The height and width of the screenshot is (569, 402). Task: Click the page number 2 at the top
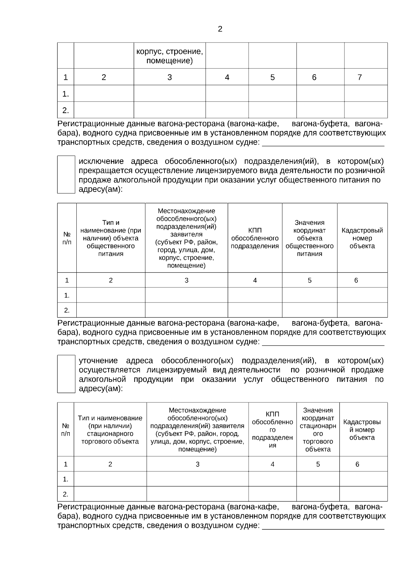click(x=220, y=29)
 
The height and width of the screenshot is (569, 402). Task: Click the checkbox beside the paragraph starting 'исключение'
click(x=66, y=174)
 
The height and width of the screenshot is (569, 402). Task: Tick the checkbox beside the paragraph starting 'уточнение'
click(x=66, y=374)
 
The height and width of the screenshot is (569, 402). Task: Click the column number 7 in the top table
click(x=359, y=77)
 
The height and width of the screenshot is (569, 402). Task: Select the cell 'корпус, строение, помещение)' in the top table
click(x=170, y=56)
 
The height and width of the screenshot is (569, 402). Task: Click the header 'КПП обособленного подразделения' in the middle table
click(x=255, y=238)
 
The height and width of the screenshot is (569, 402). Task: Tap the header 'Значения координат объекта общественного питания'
click(x=310, y=238)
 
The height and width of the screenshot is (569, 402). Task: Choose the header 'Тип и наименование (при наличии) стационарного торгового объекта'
click(x=110, y=430)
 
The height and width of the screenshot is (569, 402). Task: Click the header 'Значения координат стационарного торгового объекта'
click(x=318, y=430)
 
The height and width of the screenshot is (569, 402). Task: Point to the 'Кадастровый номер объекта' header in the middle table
click(x=362, y=238)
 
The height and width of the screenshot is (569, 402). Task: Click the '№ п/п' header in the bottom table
click(x=66, y=430)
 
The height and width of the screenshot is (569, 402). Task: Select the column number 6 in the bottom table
click(x=357, y=464)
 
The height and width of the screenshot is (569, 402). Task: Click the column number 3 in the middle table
click(x=186, y=280)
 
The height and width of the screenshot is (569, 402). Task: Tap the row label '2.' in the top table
click(x=66, y=110)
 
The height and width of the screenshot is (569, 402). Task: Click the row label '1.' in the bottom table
click(x=66, y=479)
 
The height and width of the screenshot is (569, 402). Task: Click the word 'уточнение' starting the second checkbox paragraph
click(x=98, y=361)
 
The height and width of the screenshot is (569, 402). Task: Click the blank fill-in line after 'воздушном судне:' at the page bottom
click(x=323, y=525)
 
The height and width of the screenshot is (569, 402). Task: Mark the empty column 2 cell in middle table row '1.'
click(x=111, y=295)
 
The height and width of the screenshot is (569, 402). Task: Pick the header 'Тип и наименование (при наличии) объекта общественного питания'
click(x=111, y=238)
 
